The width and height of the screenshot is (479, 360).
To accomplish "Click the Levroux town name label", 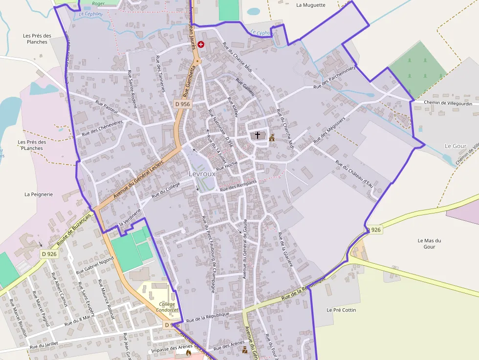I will point(202,174).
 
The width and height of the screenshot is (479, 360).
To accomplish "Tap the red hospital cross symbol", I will point(201,44).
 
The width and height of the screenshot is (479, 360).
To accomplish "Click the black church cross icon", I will point(258,135).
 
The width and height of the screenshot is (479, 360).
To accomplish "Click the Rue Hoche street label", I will point(227,165).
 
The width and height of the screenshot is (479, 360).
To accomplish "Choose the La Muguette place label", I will point(311,5).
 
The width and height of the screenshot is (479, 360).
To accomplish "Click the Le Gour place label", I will point(456,146).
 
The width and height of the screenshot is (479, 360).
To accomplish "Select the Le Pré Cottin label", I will point(341,310).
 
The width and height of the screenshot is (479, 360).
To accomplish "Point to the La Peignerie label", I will point(39,194).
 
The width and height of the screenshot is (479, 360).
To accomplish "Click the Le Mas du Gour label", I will point(430,243).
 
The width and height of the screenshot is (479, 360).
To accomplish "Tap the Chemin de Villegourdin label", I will point(448,103).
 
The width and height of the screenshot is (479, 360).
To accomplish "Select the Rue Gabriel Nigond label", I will point(95,264).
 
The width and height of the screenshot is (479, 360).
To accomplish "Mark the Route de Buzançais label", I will point(74,230).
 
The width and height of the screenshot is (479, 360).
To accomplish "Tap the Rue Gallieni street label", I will point(245,86).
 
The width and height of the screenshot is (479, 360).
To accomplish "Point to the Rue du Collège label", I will point(166,190).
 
